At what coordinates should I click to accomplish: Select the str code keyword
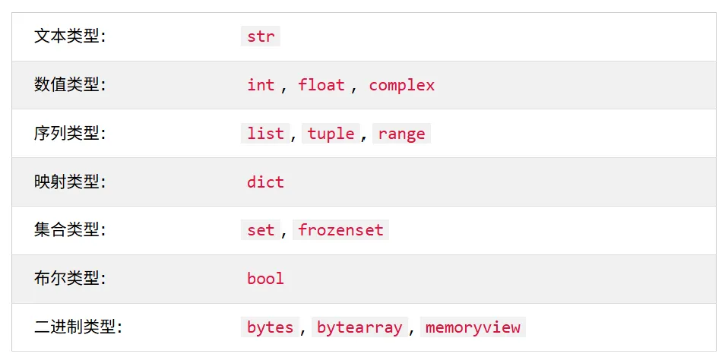(261, 36)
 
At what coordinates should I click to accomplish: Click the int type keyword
(261, 85)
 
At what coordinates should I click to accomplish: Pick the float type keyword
(321, 85)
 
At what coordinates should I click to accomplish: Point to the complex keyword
(402, 86)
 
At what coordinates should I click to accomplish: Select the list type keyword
(265, 134)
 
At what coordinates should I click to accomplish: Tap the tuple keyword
(331, 134)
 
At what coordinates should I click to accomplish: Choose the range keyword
(401, 134)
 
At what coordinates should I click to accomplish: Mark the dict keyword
(265, 182)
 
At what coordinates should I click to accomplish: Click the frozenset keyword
(340, 230)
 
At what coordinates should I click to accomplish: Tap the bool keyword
(265, 279)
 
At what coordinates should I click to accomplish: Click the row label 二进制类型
(78, 327)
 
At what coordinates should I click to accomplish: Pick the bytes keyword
(271, 327)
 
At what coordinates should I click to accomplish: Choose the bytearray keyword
(359, 327)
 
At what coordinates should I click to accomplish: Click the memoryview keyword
(473, 327)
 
